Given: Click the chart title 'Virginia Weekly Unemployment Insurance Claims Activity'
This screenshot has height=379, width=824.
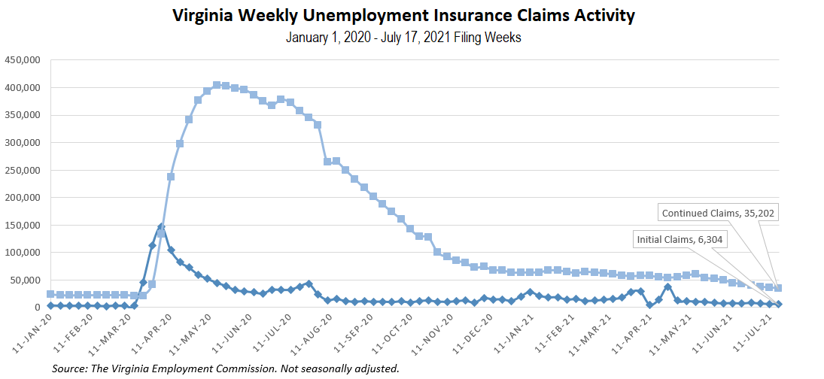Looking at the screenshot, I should pos(403,16).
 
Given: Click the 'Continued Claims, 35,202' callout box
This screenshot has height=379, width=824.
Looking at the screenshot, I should pos(719,213).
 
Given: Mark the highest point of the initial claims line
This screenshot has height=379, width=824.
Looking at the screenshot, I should pos(161,226).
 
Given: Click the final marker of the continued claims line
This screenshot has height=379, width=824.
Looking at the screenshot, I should pos(779,288).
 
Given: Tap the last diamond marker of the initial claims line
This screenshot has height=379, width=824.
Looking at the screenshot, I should pos(779,304).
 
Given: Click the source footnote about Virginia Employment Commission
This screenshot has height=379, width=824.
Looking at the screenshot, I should pos(225,368).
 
